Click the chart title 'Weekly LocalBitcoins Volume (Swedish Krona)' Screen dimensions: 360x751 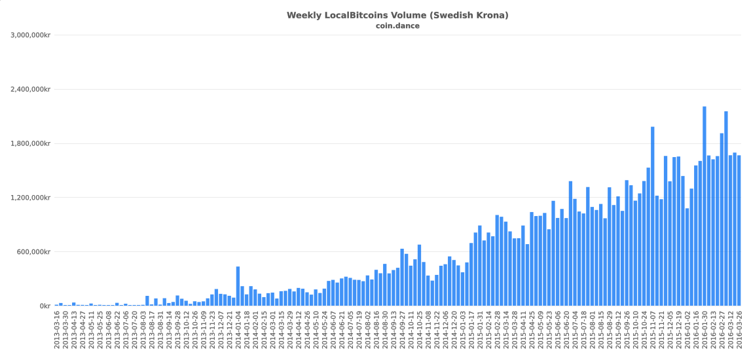tap(397, 15)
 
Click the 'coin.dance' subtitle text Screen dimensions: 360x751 tap(397, 26)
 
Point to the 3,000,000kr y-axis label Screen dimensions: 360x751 tap(31, 35)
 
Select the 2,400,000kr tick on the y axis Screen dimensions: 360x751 tap(31, 89)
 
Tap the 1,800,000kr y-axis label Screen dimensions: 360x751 tap(31, 143)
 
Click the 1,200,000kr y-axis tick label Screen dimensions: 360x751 tap(31, 198)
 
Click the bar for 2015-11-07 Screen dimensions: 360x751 tap(652, 216)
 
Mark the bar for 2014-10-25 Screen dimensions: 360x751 tap(420, 275)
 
